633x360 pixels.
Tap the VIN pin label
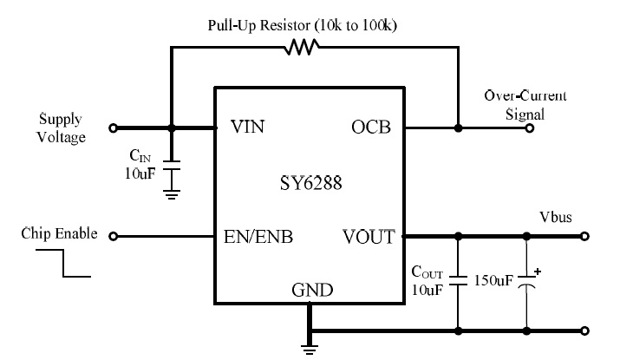click(247, 128)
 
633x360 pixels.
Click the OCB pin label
click(370, 128)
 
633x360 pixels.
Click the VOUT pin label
click(369, 236)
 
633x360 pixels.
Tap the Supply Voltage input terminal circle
click(114, 128)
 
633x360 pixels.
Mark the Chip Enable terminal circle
click(114, 235)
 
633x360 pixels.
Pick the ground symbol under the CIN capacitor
click(171, 195)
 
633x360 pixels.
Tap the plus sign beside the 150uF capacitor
click(538, 271)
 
